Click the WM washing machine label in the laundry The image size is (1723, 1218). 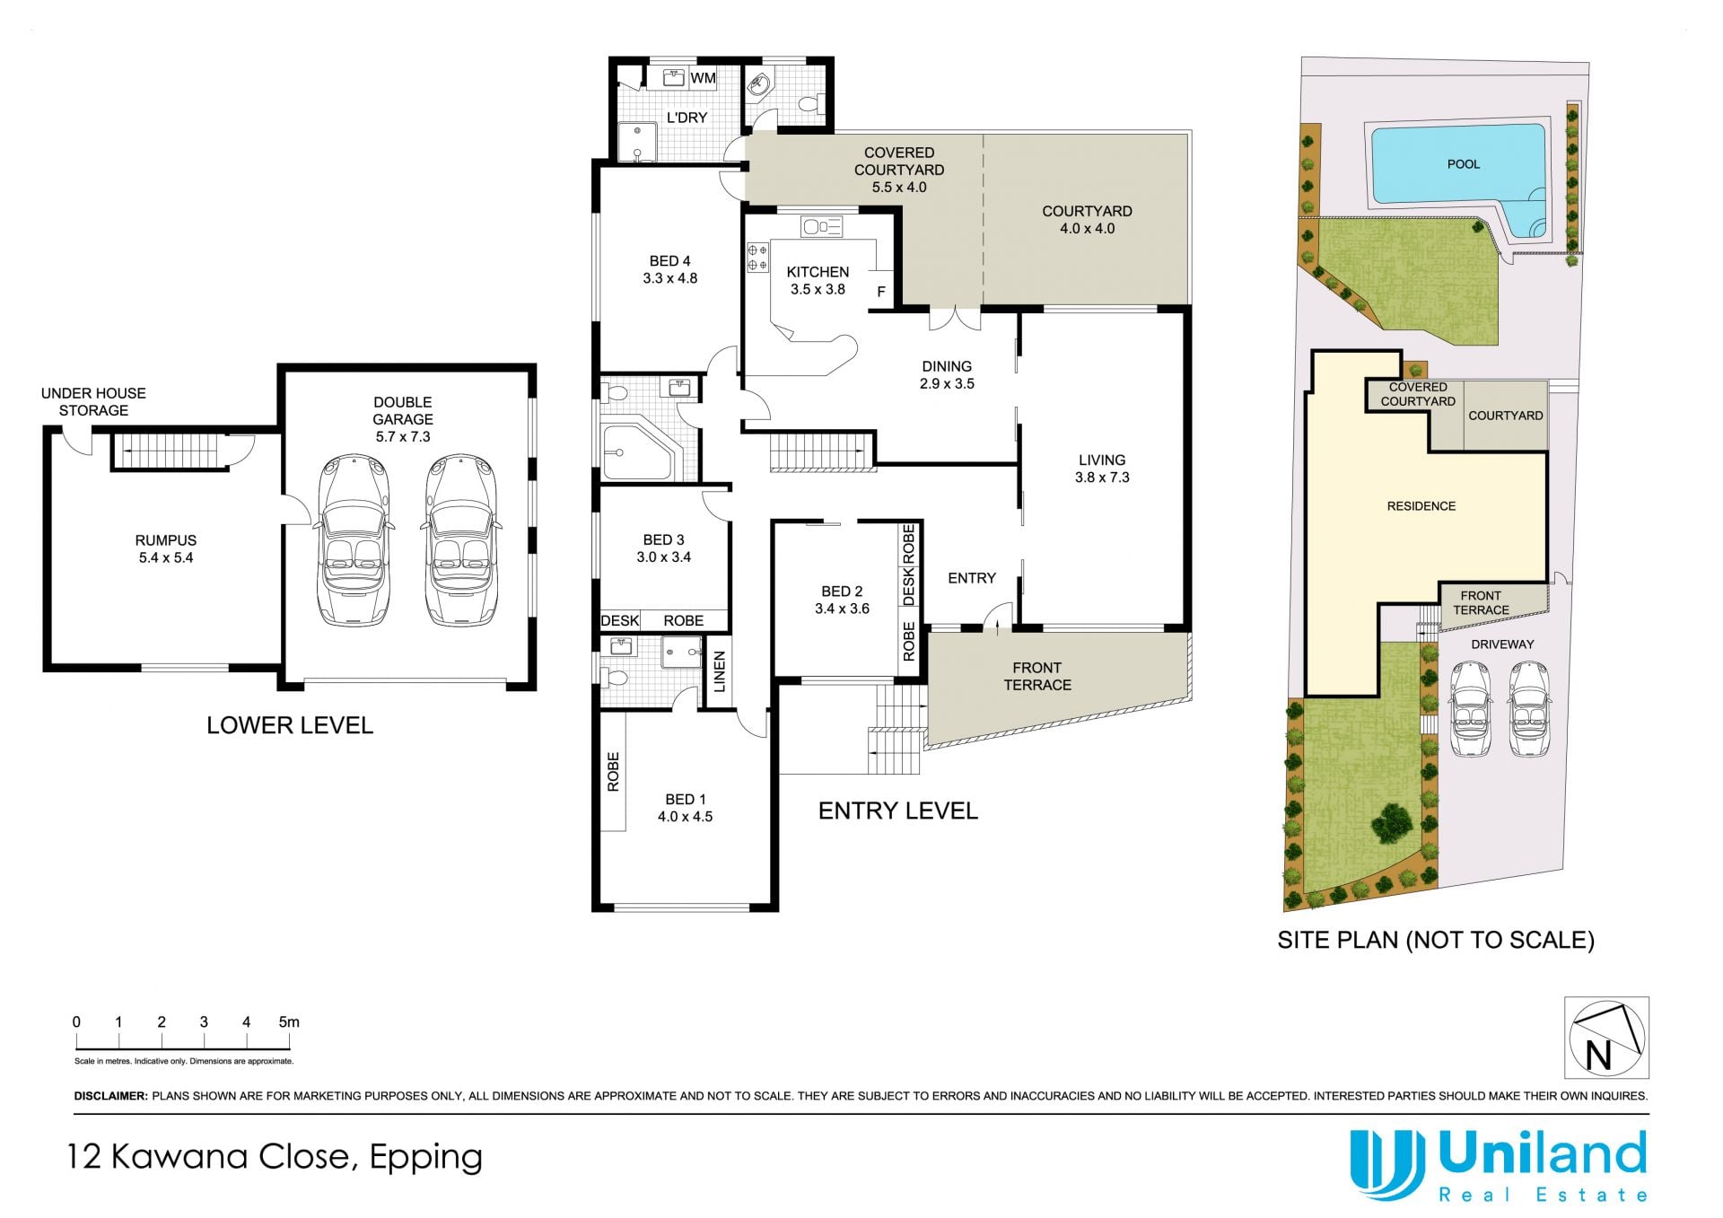703,78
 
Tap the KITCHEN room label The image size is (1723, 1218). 818,272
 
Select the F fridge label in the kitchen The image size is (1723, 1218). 881,292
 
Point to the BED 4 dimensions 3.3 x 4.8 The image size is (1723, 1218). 669,278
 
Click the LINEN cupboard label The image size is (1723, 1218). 719,671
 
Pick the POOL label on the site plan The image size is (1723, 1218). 1464,164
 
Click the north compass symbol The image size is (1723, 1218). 1606,1038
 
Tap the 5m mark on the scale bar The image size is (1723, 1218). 289,1021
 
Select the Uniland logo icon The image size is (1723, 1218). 1387,1164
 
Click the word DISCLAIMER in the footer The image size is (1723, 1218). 110,1096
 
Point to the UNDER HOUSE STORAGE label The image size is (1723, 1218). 93,402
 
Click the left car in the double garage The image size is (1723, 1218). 354,540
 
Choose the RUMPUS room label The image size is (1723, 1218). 166,540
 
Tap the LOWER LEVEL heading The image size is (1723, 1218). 290,725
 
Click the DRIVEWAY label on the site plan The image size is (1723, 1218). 1502,644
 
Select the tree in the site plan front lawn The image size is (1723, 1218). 1392,822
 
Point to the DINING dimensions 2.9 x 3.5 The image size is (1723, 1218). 947,383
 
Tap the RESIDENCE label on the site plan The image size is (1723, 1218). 1421,506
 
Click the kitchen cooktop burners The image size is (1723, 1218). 757,258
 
